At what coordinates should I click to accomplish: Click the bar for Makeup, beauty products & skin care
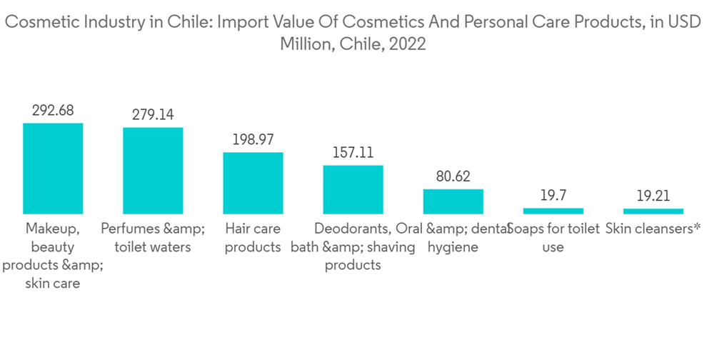click(x=53, y=169)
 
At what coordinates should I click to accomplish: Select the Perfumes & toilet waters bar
click(x=153, y=171)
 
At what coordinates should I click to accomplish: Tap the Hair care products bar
click(x=253, y=183)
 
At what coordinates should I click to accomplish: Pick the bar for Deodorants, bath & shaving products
click(x=353, y=189)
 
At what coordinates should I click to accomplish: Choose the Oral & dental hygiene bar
click(x=453, y=201)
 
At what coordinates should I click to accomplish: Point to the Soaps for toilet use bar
click(x=553, y=211)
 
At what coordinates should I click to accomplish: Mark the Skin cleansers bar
click(x=653, y=211)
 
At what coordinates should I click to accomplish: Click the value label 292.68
click(x=53, y=110)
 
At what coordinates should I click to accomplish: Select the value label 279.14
click(x=153, y=114)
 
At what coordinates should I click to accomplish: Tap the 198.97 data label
click(x=253, y=139)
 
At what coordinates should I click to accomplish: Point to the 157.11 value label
click(x=353, y=152)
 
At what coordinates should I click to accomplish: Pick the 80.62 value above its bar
click(x=453, y=176)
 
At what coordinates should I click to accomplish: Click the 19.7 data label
click(x=553, y=195)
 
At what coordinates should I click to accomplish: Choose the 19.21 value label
click(x=653, y=195)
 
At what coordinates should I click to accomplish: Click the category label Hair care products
click(x=253, y=238)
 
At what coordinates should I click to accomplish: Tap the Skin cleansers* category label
click(x=653, y=229)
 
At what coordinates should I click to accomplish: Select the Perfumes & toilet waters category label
click(x=153, y=238)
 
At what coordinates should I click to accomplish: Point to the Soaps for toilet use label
click(x=553, y=238)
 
